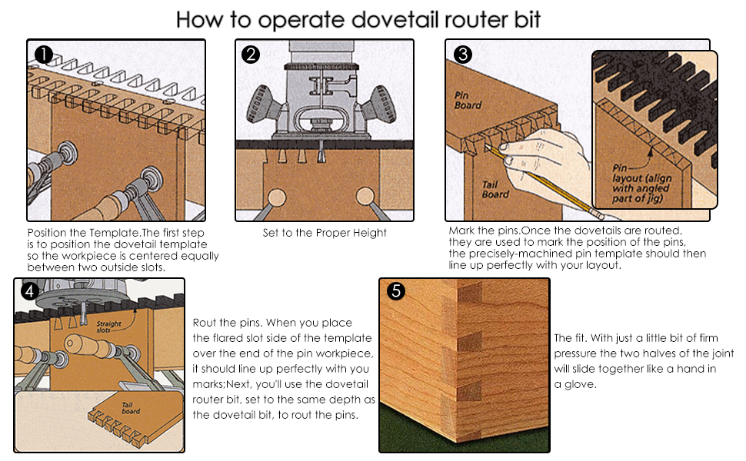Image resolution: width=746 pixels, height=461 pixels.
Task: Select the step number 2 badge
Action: tap(250, 55)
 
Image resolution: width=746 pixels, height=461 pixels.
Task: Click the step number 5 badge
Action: tap(395, 292)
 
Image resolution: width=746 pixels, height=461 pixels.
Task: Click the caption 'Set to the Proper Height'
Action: tap(324, 233)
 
